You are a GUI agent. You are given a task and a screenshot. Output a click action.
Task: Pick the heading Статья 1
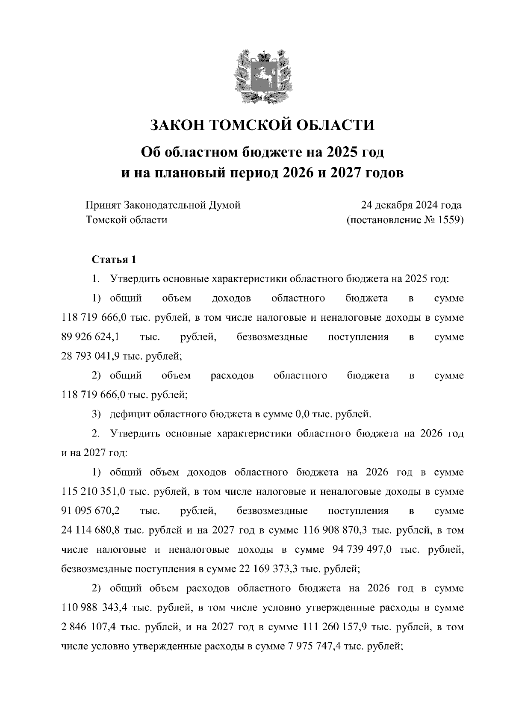pyautogui.click(x=114, y=260)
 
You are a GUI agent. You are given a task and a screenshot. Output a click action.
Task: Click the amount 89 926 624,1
pyautogui.click(x=91, y=337)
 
